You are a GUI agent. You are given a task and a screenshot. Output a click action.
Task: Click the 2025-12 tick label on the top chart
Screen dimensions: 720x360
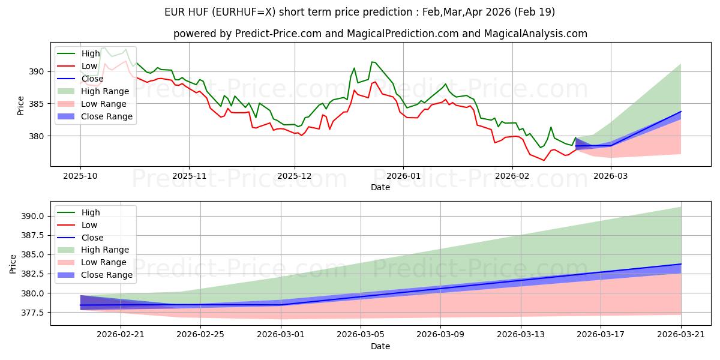coord(295,176)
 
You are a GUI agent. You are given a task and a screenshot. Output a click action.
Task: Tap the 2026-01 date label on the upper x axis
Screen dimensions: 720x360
coord(403,176)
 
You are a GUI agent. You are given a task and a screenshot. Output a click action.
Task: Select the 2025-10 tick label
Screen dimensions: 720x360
coord(80,176)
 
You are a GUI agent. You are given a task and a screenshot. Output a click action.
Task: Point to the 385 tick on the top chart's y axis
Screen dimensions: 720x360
coord(38,104)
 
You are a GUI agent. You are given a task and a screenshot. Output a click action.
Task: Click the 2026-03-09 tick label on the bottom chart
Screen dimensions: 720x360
coord(440,335)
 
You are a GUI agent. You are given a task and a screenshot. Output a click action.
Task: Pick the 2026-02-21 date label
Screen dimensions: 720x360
coord(121,335)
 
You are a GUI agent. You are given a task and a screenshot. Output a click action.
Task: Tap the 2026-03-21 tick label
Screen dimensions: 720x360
coord(681,335)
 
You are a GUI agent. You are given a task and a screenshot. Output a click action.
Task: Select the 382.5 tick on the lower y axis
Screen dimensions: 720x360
coord(33,274)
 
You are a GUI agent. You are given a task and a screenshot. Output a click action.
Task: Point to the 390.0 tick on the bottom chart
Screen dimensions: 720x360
coord(33,216)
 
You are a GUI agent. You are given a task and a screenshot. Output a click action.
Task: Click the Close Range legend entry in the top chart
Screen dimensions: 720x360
coord(95,116)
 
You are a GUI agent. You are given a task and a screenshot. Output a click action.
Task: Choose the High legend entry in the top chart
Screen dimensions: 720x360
coord(79,53)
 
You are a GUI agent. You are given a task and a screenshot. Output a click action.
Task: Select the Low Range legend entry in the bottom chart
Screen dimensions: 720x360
coord(92,262)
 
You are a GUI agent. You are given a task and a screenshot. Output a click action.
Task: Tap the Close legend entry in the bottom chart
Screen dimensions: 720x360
coord(80,238)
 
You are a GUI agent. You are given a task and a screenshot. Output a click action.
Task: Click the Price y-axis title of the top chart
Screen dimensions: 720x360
coord(20,106)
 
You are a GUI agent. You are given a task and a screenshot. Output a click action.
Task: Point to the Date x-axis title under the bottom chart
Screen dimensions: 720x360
coord(380,347)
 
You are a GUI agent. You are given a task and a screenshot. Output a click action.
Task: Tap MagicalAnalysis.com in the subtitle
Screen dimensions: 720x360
coord(535,34)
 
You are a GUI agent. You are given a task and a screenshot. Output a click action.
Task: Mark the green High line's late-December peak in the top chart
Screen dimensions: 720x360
coord(371,62)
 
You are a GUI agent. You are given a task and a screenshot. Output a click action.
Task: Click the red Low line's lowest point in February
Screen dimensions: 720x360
coord(544,160)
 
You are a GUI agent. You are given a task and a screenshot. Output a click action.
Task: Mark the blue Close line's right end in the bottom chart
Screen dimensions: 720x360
coord(681,264)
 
